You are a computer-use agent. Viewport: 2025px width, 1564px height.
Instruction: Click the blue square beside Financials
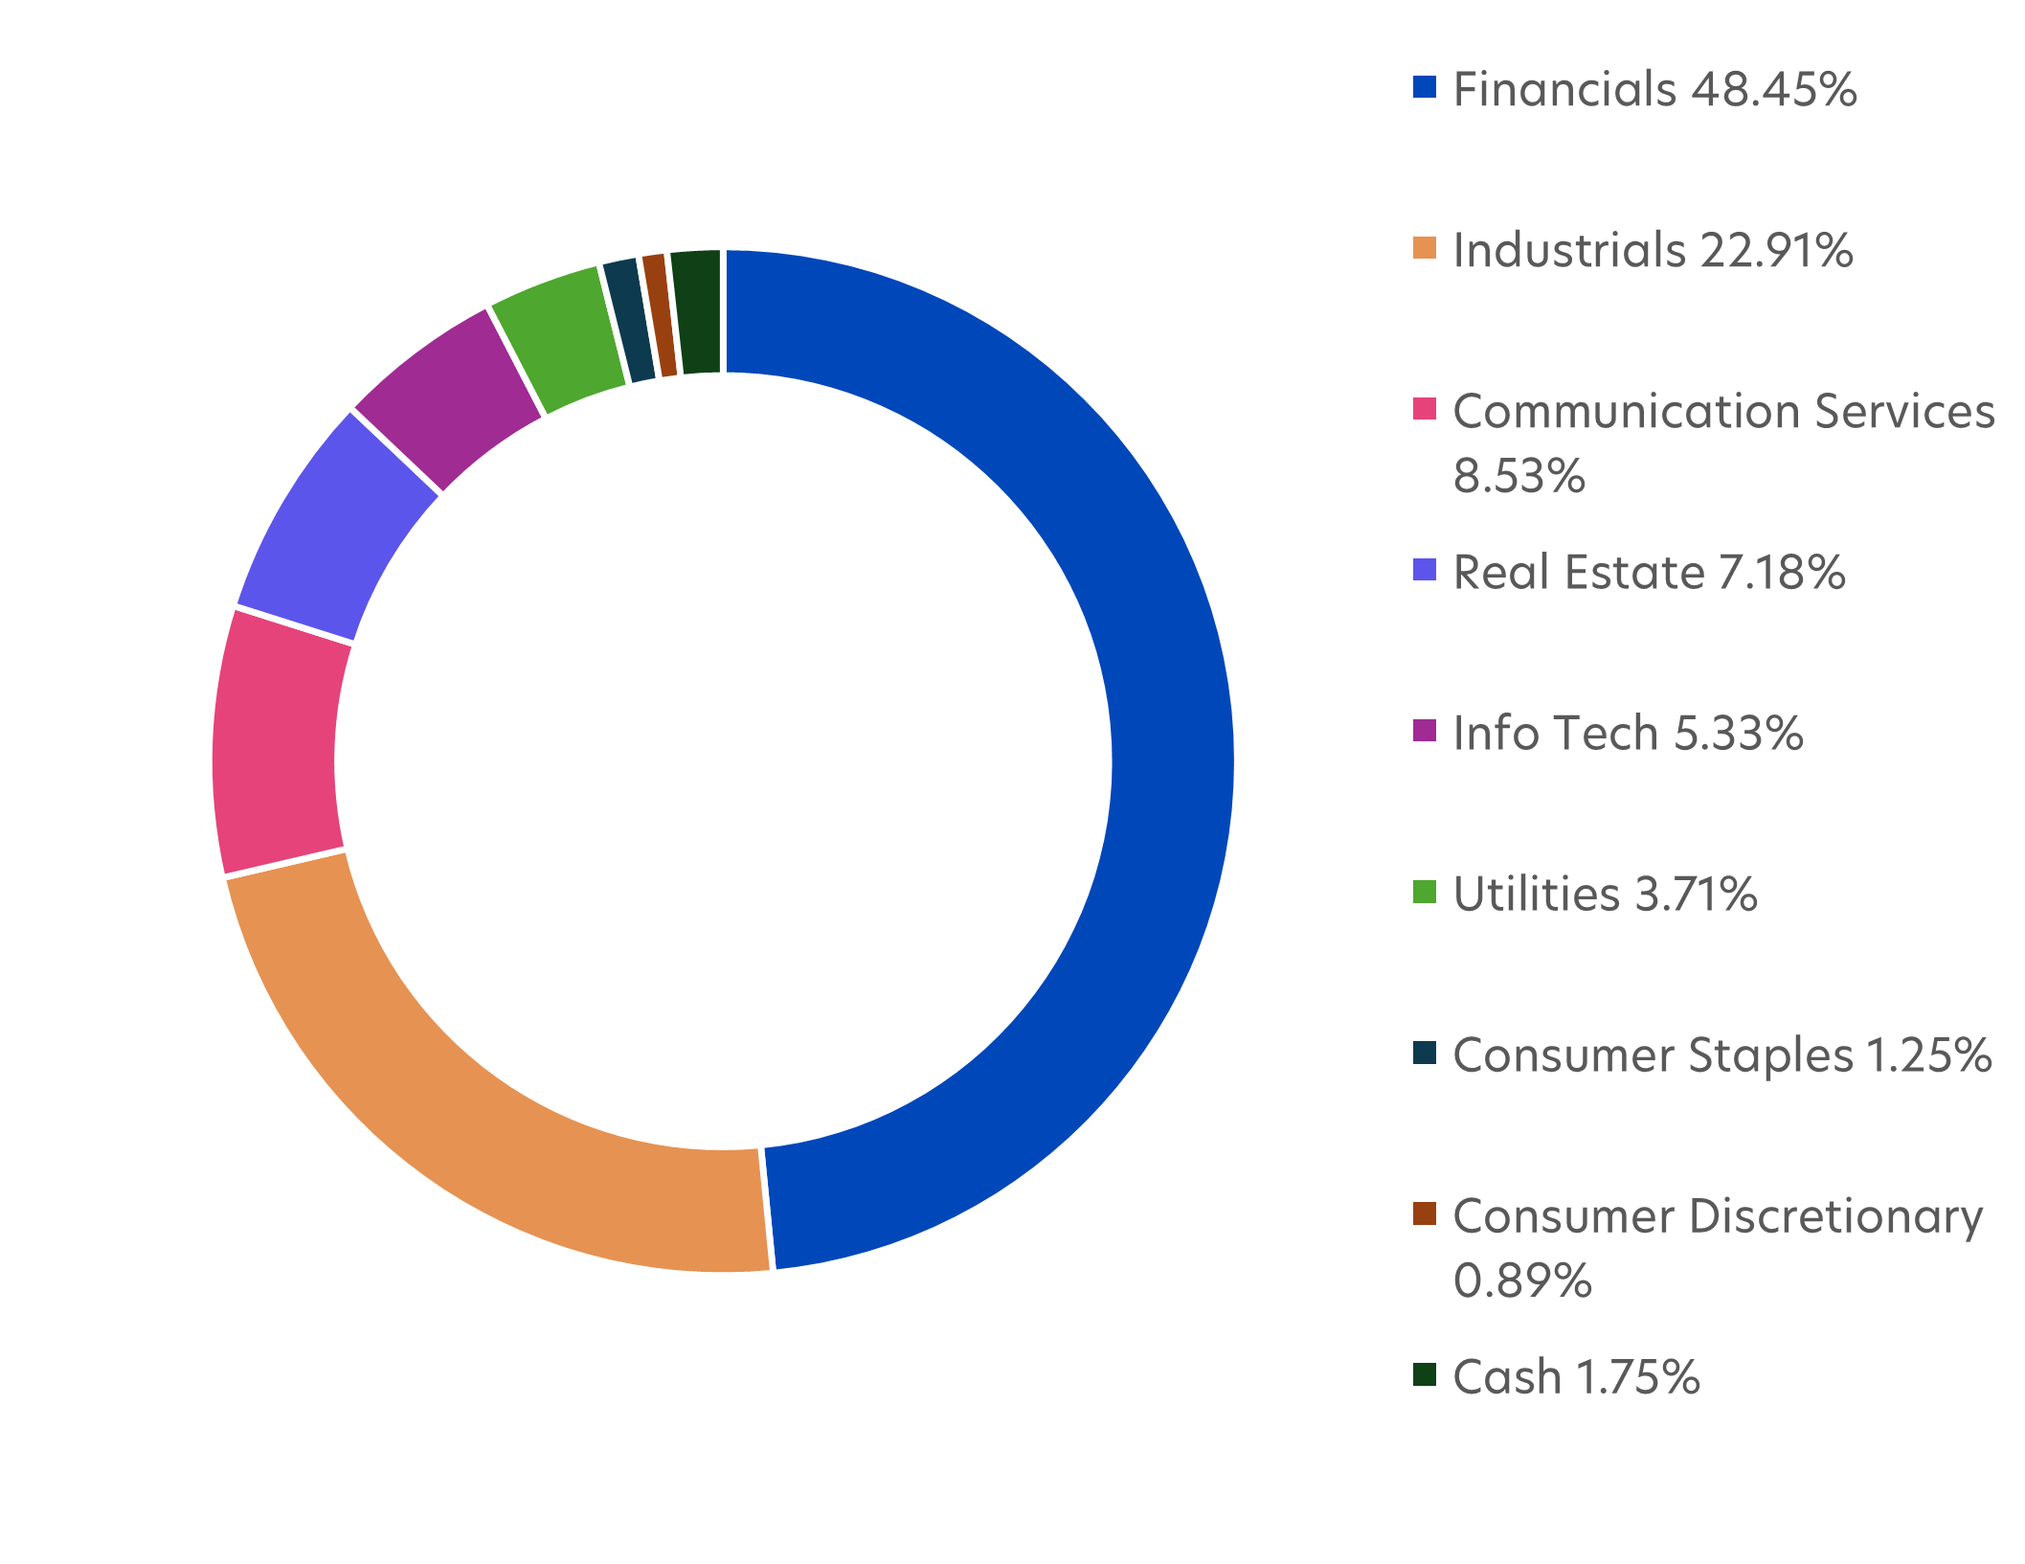1425,87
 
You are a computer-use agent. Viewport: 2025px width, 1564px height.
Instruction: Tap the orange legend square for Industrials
1425,248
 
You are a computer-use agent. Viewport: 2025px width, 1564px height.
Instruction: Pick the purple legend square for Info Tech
1425,731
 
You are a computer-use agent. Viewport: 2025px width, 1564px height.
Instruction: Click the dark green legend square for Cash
1425,1374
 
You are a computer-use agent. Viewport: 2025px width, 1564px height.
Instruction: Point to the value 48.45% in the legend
1773,89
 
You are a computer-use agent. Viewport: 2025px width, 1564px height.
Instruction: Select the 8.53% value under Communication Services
1519,476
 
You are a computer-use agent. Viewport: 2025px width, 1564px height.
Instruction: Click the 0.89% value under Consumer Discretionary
1522,1281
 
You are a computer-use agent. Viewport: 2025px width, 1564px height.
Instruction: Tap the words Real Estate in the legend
1578,573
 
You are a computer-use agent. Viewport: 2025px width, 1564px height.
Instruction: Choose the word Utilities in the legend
1536,895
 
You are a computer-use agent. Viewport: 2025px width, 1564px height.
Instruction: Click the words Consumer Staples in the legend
1653,1055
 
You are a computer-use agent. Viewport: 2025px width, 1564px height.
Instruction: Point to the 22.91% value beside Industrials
1776,250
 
